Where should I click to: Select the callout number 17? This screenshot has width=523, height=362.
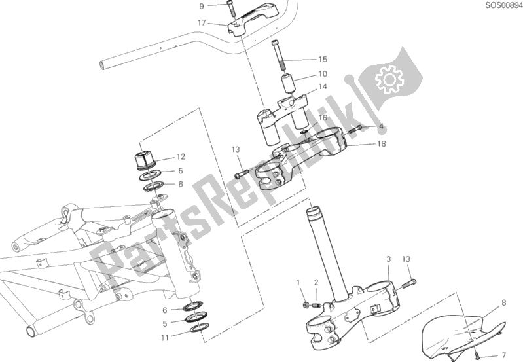click(202, 23)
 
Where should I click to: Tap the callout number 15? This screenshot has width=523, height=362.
click(323, 60)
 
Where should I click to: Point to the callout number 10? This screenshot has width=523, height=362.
click(323, 74)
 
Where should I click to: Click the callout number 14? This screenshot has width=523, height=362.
click(323, 87)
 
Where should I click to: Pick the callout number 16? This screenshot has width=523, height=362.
click(323, 118)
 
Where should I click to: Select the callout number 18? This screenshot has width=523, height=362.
click(381, 143)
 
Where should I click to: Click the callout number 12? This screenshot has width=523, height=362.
click(181, 157)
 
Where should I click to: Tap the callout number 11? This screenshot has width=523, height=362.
click(165, 338)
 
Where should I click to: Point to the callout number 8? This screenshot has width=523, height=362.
click(503, 302)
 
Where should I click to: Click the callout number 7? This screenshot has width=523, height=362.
click(503, 355)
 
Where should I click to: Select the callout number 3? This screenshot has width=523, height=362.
click(389, 259)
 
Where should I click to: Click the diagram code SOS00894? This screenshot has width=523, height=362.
click(503, 5)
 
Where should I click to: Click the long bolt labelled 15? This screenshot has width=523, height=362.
click(278, 55)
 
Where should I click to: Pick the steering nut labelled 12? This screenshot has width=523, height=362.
click(145, 160)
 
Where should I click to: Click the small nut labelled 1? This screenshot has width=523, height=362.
click(305, 304)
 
